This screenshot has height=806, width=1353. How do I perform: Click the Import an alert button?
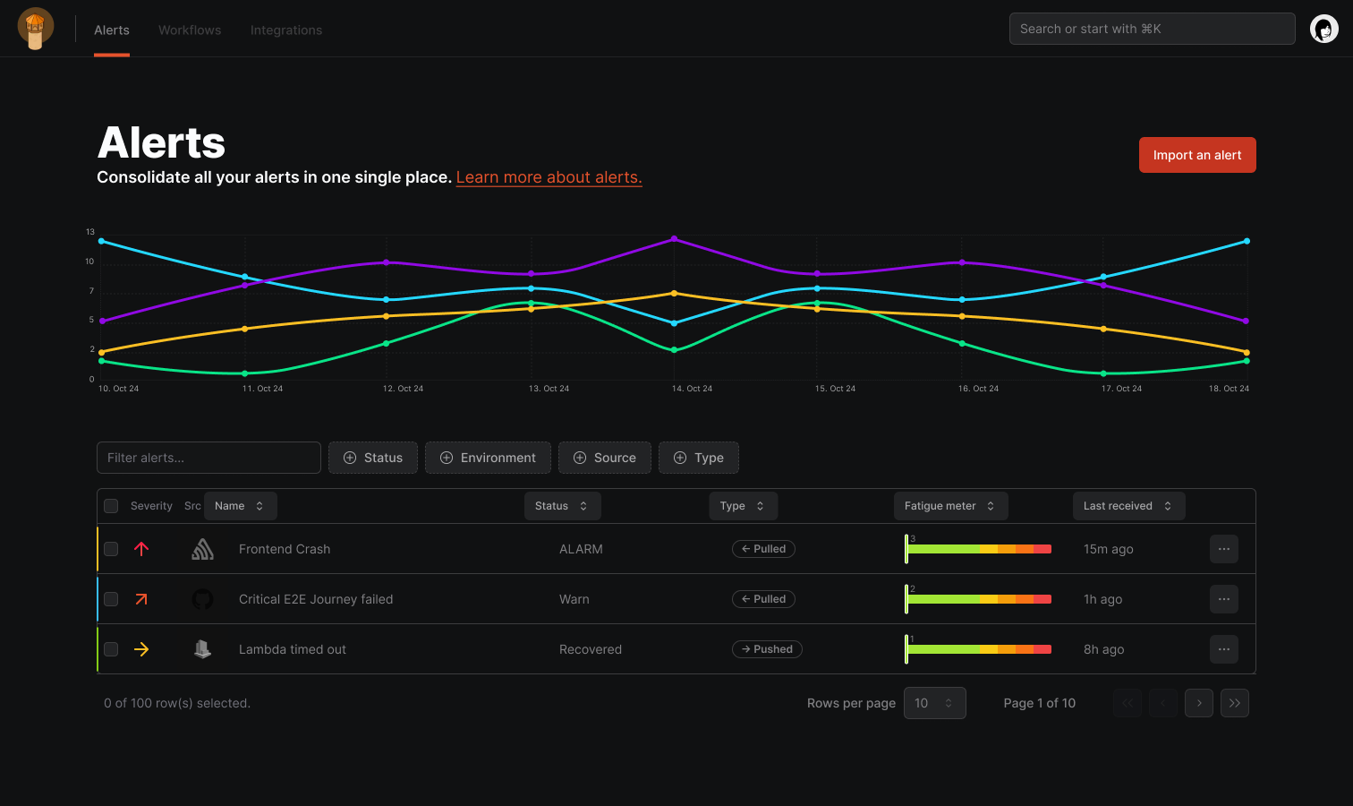1196,155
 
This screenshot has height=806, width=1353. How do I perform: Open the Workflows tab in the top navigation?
190,30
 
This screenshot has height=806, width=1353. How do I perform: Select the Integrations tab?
286,30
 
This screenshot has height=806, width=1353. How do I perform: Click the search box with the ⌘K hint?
1152,29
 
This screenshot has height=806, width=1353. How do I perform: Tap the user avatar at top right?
1323,30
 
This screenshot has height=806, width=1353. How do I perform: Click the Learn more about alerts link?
549,177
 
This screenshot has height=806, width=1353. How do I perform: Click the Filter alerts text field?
208,458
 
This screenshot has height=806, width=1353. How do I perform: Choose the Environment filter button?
488,458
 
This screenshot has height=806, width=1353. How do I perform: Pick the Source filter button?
605,458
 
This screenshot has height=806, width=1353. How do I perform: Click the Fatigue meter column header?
949,506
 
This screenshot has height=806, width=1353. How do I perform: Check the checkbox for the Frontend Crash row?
111,549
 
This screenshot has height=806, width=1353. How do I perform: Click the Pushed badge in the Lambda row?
767,649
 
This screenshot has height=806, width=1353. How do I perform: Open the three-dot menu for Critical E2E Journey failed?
1223,599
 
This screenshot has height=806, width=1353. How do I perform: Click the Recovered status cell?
590,649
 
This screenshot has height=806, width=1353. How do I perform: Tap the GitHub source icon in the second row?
203,599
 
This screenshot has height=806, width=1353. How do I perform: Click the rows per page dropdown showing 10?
934,703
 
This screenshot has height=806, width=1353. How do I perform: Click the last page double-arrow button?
1234,703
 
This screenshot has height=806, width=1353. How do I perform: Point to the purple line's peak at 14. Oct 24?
674,239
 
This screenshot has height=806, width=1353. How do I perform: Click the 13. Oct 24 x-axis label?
549,389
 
